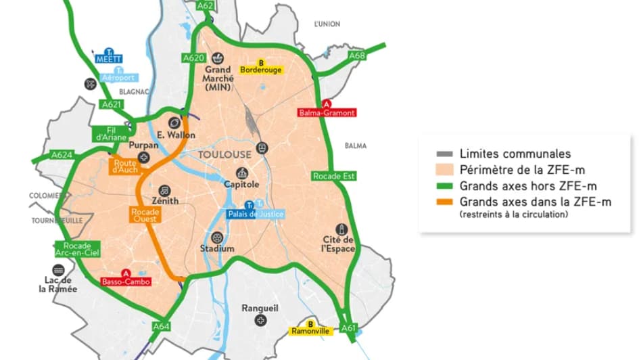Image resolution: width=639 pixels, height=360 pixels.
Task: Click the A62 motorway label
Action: point(206,5)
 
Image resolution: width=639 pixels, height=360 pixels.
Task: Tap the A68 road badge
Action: point(356,55)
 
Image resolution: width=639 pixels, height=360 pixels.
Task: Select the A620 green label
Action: point(193,58)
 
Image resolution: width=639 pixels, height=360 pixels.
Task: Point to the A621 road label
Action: point(112,104)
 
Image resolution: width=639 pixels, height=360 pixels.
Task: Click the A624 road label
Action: point(62,155)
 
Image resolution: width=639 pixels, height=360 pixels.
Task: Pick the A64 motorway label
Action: point(161,326)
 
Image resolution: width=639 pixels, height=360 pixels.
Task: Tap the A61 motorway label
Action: point(348,328)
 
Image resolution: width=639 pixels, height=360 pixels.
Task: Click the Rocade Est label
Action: point(334,176)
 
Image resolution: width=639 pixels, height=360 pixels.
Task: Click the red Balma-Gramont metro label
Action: point(327,112)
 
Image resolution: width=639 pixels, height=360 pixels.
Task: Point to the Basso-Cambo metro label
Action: point(126,282)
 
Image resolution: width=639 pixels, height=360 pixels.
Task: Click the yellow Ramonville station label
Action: point(310,331)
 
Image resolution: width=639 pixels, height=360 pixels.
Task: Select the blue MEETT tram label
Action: point(109,58)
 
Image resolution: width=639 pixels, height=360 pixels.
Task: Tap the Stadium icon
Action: point(216,238)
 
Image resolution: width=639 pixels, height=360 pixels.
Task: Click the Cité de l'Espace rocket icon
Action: point(339,229)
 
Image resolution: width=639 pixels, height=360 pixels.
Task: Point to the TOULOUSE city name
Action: point(224,154)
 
